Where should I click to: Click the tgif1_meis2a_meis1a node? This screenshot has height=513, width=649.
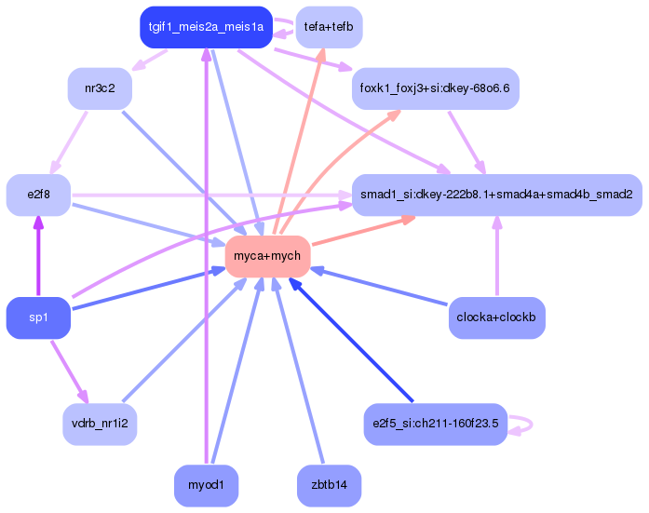(x=205, y=27)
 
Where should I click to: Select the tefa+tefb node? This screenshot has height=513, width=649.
(x=329, y=27)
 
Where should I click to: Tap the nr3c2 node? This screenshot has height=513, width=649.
(x=99, y=88)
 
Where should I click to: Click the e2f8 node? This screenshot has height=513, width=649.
(x=38, y=195)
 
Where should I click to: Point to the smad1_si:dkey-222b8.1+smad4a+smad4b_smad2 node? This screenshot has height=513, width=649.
(x=496, y=195)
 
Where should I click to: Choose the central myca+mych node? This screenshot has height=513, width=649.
(x=267, y=255)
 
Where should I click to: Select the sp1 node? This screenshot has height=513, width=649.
(x=38, y=317)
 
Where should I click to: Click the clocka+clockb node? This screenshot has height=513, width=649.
(x=496, y=317)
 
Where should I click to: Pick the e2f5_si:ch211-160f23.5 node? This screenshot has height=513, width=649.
(x=435, y=424)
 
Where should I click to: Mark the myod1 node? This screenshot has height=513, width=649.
(x=205, y=485)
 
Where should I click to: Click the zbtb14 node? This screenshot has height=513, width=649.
(x=329, y=485)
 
